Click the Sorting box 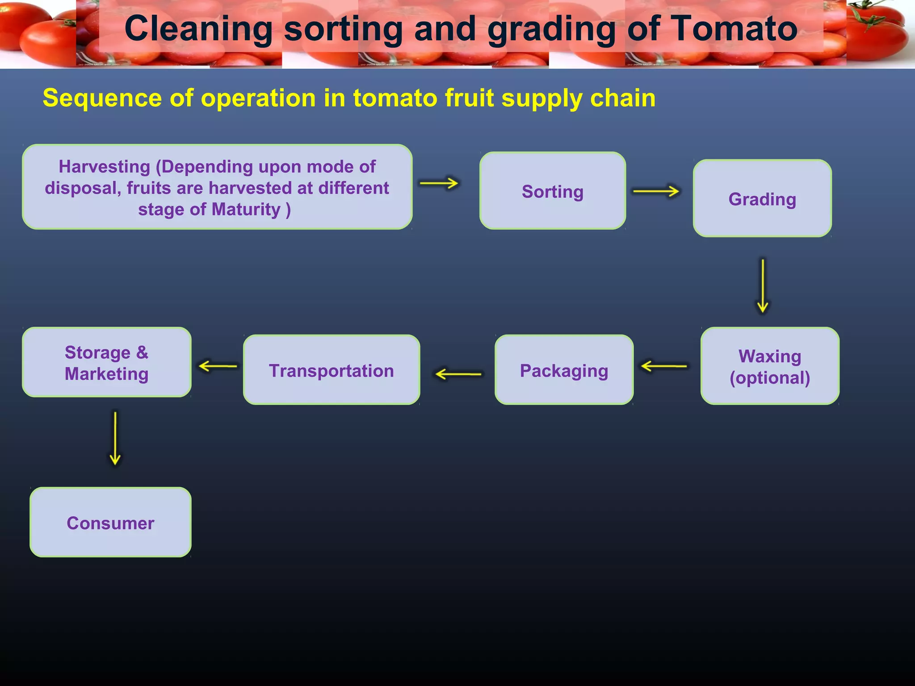pos(553,191)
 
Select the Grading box pos(762,198)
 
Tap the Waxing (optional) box pos(770,366)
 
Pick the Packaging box pos(564,370)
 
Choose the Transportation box pos(332,370)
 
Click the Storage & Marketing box pos(107,362)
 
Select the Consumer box pos(110,522)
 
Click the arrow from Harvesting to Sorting pos(439,183)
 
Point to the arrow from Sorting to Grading pos(656,191)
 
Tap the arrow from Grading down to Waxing pos(763,286)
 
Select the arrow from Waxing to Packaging pos(664,366)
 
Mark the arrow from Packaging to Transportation pos(458,374)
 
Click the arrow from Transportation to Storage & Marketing pos(218,366)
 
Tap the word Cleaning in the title pos(198,29)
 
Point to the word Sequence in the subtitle pos(102,98)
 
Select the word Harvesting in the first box pos(105,167)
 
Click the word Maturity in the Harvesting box pos(246,209)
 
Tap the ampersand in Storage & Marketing pos(142,352)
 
